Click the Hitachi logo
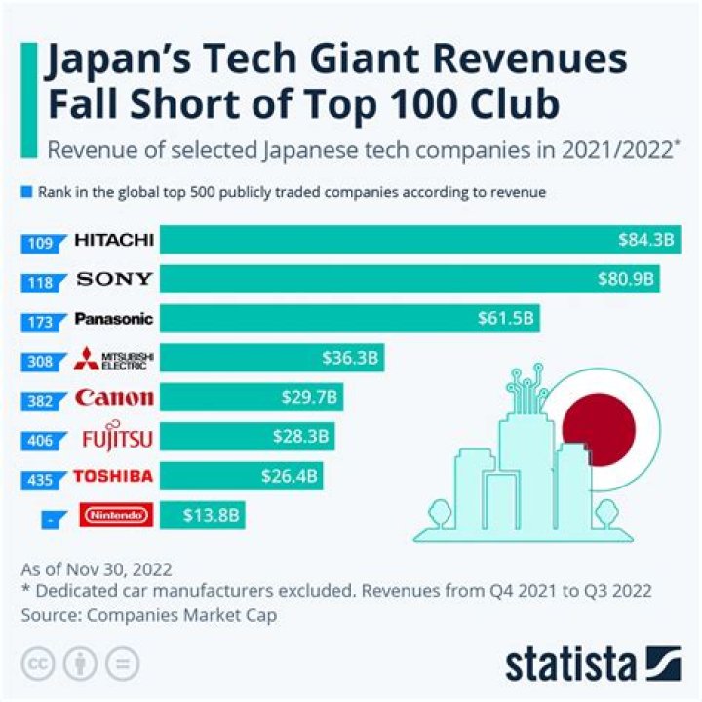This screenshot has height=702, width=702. [x=114, y=240]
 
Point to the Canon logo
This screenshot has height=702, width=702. [x=114, y=398]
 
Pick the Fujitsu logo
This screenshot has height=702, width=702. [x=114, y=438]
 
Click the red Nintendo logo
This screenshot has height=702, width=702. [x=114, y=516]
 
